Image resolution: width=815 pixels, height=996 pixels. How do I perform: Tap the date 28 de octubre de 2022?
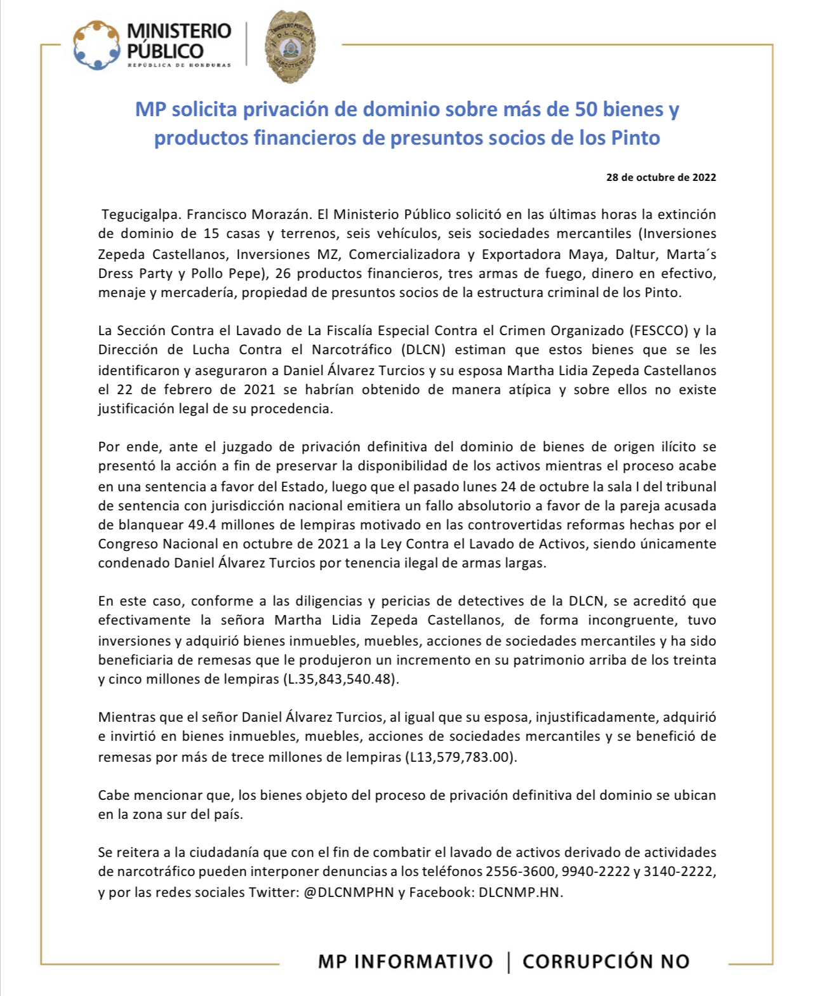click(661, 178)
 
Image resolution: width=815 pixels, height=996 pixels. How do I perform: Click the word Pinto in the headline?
click(635, 138)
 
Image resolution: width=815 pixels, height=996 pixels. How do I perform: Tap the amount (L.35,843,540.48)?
click(340, 679)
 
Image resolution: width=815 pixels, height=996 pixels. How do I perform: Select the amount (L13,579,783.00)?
click(461, 757)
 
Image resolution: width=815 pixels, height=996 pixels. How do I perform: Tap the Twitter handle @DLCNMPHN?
click(348, 892)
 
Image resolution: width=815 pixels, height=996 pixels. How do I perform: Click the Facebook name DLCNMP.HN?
click(520, 892)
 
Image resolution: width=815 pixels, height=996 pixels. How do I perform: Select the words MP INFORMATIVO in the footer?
click(406, 962)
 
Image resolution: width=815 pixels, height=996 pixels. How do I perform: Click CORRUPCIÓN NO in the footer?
click(606, 962)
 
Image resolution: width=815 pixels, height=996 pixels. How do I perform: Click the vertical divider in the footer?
click(508, 962)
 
